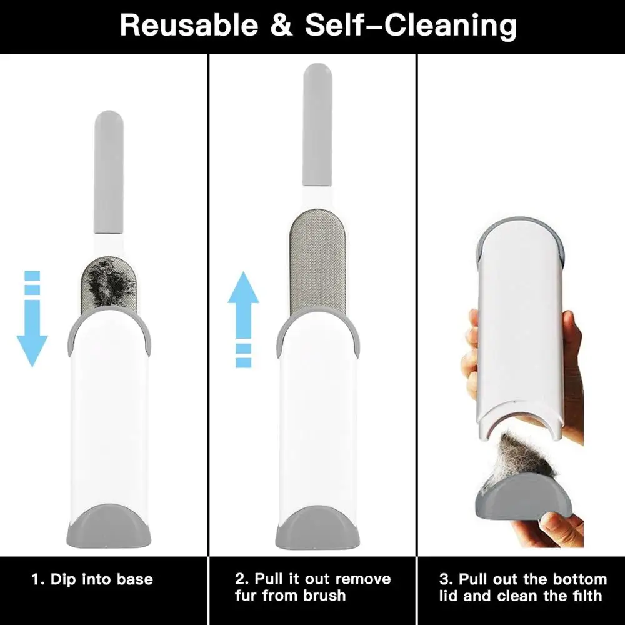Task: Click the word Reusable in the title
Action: click(x=189, y=25)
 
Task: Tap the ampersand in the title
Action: click(x=282, y=25)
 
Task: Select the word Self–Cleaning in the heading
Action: click(x=411, y=26)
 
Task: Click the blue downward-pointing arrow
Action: click(x=32, y=319)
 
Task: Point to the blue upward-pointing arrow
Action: click(x=243, y=319)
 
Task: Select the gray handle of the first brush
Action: click(x=108, y=172)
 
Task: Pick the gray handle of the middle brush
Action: click(x=317, y=124)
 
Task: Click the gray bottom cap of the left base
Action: click(x=109, y=526)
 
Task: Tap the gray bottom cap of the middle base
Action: click(x=317, y=527)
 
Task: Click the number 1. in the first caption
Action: click(x=38, y=579)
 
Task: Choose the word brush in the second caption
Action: click(x=324, y=596)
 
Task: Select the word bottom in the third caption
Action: click(x=582, y=579)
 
